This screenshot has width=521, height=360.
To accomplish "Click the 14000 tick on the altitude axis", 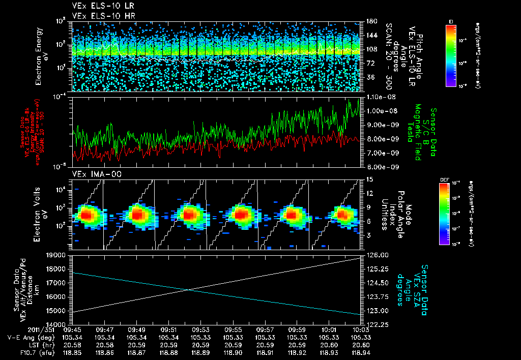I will pyautogui.click(x=59, y=324).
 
